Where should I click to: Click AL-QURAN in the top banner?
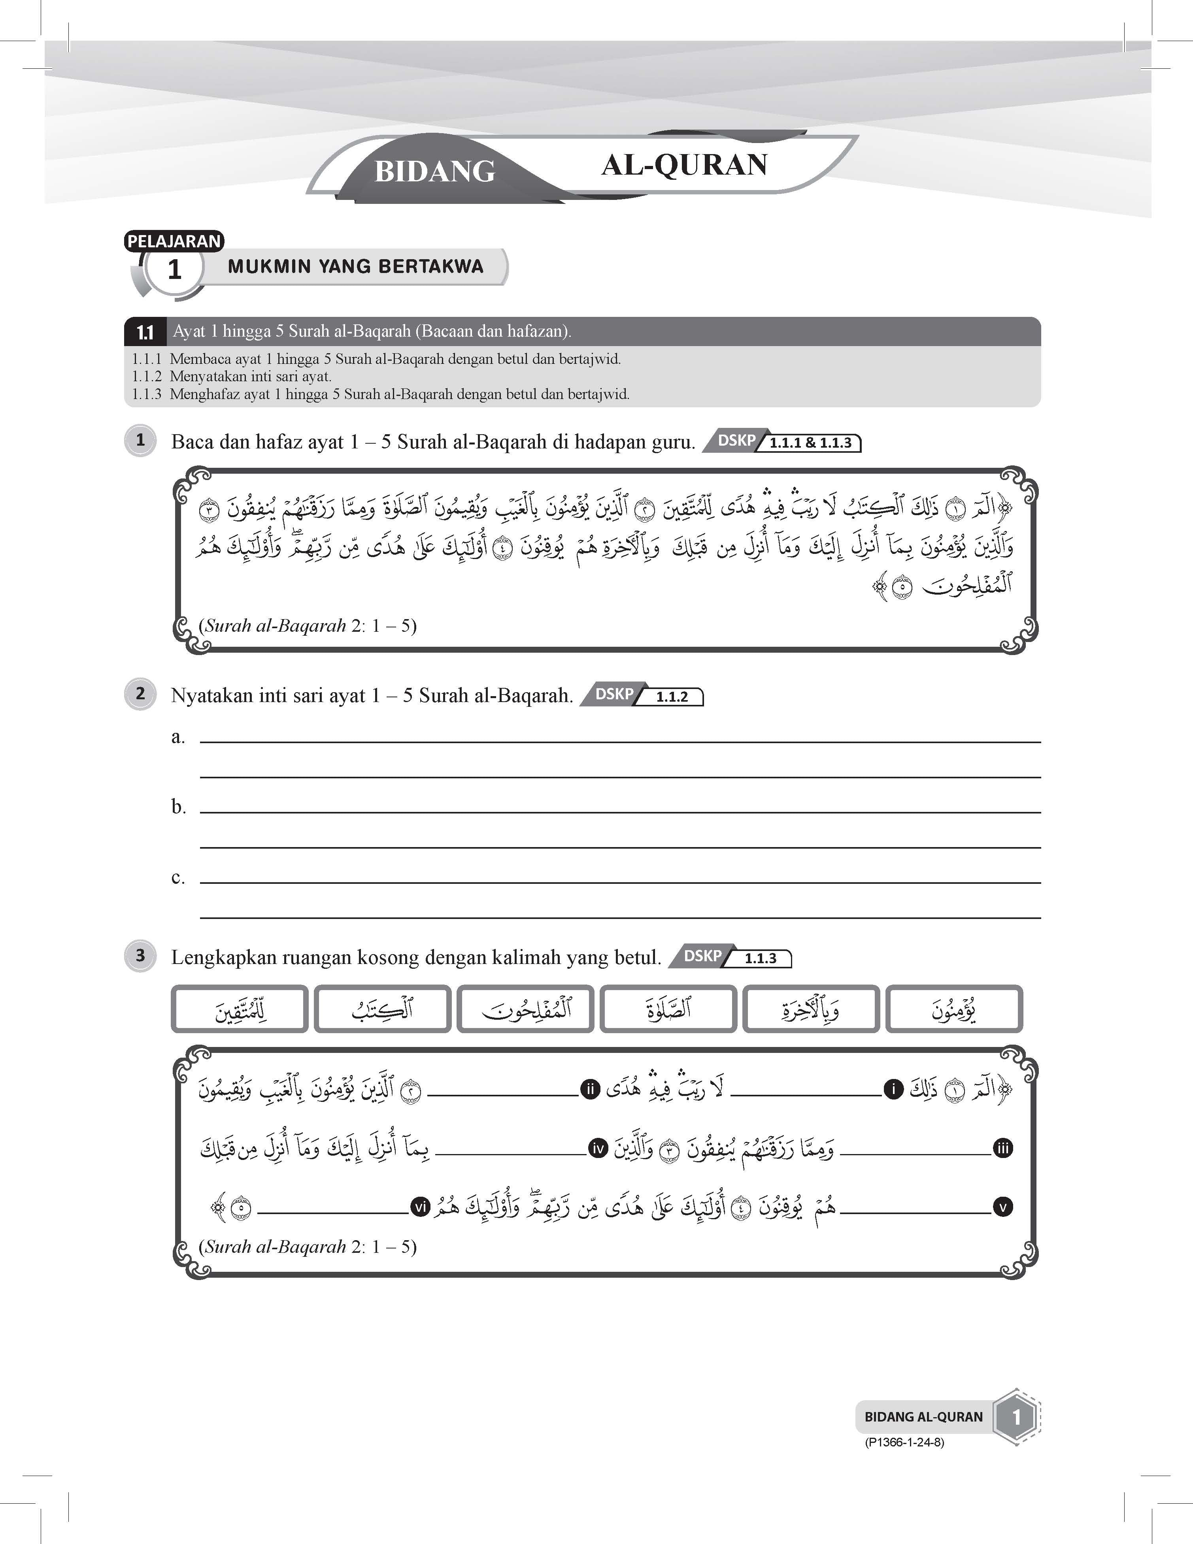(684, 165)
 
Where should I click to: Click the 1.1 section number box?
(145, 331)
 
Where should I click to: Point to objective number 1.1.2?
(146, 376)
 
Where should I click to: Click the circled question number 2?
(140, 693)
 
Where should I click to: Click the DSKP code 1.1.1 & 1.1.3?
(810, 443)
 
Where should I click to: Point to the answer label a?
(177, 737)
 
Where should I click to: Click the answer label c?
(177, 877)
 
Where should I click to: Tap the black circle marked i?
(893, 1089)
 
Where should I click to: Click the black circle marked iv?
(598, 1149)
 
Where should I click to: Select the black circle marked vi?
(420, 1207)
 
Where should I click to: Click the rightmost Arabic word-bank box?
(953, 1009)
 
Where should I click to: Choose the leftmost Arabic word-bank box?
(240, 1009)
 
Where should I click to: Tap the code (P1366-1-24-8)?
(904, 1442)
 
